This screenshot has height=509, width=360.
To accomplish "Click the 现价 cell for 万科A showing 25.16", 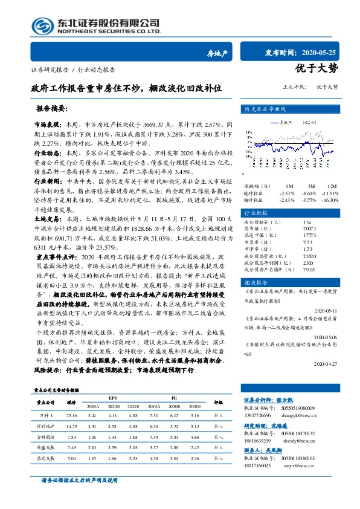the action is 72,416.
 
